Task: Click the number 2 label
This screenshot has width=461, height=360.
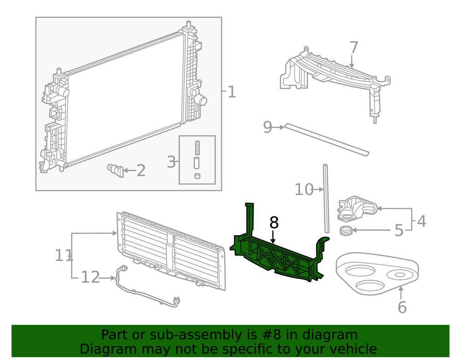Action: point(141,171)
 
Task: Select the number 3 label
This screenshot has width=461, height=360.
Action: point(171,162)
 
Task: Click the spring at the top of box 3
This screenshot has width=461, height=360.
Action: point(197,148)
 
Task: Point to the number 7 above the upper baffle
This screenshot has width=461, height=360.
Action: point(354,47)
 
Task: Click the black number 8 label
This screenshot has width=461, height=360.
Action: point(274,223)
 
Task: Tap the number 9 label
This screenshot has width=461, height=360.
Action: point(267,127)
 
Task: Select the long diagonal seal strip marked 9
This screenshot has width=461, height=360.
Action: point(327,138)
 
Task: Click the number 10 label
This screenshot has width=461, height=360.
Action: point(304,189)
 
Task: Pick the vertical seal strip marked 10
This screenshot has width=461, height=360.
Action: point(327,198)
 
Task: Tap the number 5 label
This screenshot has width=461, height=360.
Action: point(399,230)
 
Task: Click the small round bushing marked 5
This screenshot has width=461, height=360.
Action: point(347,230)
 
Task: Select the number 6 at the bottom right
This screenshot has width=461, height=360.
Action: point(402,307)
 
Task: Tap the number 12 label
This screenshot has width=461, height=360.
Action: point(90,277)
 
